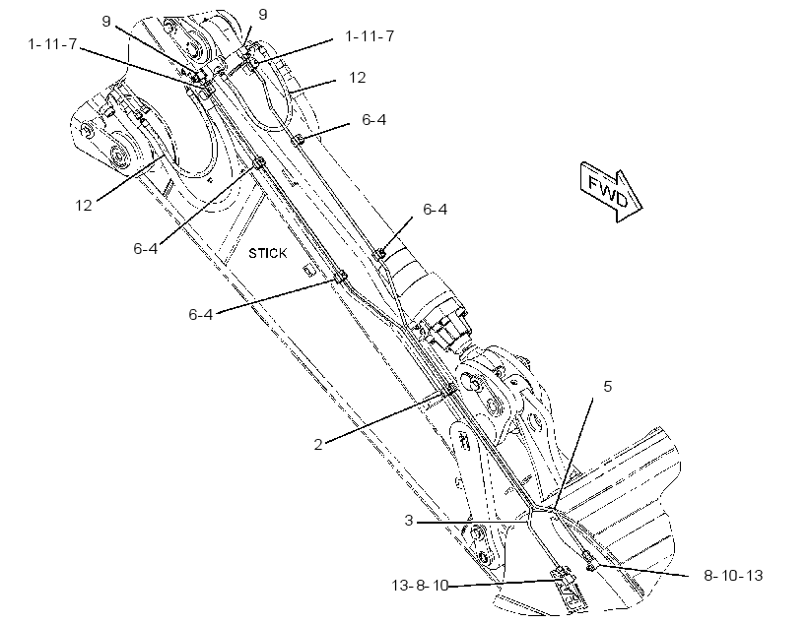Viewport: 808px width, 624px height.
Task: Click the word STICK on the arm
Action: (x=267, y=253)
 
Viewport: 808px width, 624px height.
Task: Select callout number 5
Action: (x=608, y=386)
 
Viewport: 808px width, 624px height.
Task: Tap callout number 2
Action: (x=318, y=444)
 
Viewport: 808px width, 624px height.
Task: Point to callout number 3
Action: (x=409, y=521)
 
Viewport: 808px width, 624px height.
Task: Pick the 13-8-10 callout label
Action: (x=420, y=586)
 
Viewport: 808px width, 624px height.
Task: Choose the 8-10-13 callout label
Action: (x=733, y=575)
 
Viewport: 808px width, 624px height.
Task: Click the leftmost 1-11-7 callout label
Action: (x=52, y=44)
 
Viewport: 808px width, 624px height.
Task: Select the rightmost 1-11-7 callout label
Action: (x=370, y=36)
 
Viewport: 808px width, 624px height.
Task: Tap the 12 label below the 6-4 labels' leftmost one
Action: (x=84, y=206)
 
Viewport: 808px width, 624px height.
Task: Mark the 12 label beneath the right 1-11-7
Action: (x=357, y=77)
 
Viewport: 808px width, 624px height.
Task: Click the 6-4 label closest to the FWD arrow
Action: (x=435, y=209)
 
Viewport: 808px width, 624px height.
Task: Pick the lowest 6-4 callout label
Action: (x=200, y=314)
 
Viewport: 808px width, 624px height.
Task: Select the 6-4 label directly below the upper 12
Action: (x=373, y=119)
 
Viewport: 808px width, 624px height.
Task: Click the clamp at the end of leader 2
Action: (x=449, y=391)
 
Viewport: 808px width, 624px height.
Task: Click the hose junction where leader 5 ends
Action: (x=552, y=509)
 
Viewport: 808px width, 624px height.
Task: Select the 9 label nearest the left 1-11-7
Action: (x=106, y=21)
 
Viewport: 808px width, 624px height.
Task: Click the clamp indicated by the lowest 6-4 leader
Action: (x=340, y=277)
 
